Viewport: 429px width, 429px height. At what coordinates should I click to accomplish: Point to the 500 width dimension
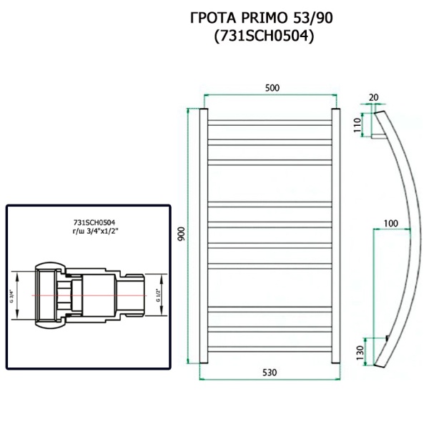tap(272, 88)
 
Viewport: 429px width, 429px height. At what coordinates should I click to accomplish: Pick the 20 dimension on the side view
tap(373, 97)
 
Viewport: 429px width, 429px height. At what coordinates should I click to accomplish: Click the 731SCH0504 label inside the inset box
tap(91, 222)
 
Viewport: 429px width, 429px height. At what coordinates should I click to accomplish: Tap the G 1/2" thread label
tap(159, 295)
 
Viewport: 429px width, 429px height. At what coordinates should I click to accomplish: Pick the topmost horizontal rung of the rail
tap(269, 120)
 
